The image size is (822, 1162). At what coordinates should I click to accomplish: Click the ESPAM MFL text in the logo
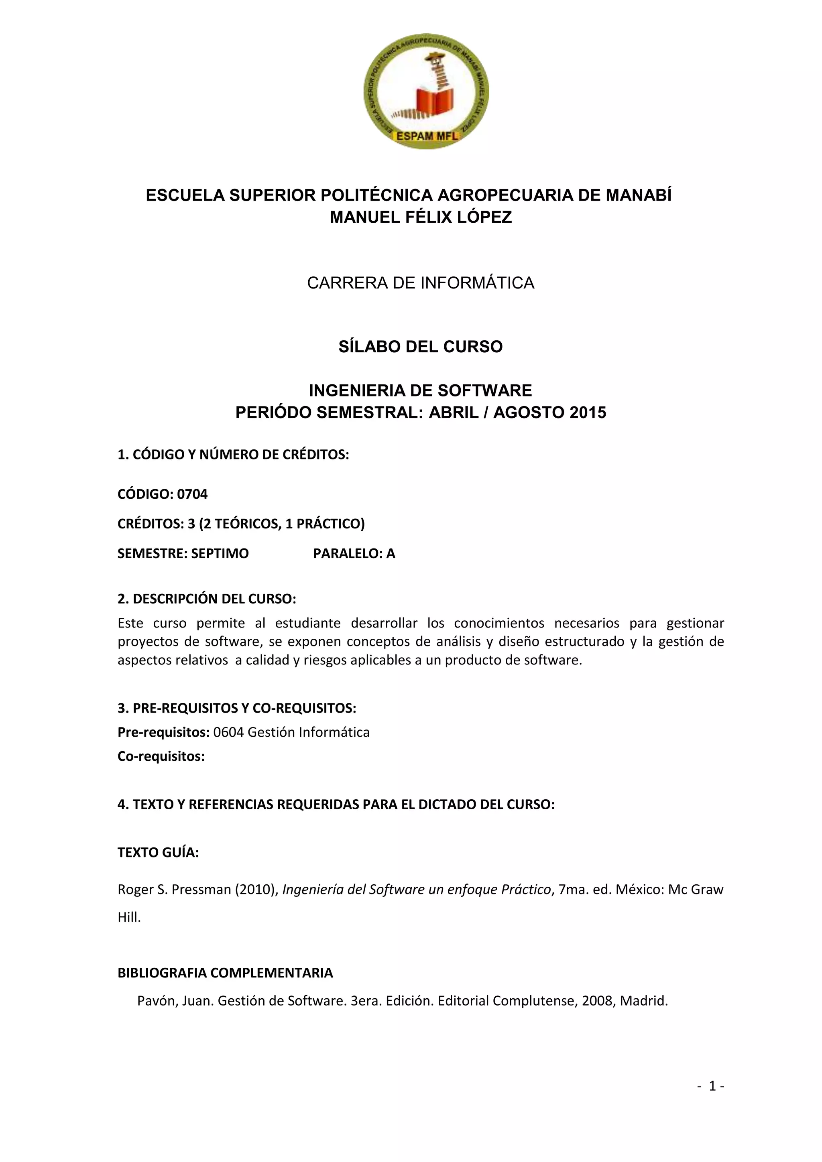pos(426,136)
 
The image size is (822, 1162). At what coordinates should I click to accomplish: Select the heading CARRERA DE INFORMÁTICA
pos(421,283)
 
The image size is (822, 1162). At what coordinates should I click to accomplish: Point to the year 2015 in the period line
pos(588,412)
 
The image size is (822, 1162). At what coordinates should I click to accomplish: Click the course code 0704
pos(192,494)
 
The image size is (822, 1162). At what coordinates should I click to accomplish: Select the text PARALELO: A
pos(354,554)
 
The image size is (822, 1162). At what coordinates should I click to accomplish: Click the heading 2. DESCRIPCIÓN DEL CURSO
pos(207,599)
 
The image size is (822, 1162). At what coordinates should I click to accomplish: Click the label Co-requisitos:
pos(161,757)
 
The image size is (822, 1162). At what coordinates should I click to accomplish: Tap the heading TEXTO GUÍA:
pos(158,853)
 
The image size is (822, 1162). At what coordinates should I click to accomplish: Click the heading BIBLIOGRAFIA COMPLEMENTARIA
pos(225,973)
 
